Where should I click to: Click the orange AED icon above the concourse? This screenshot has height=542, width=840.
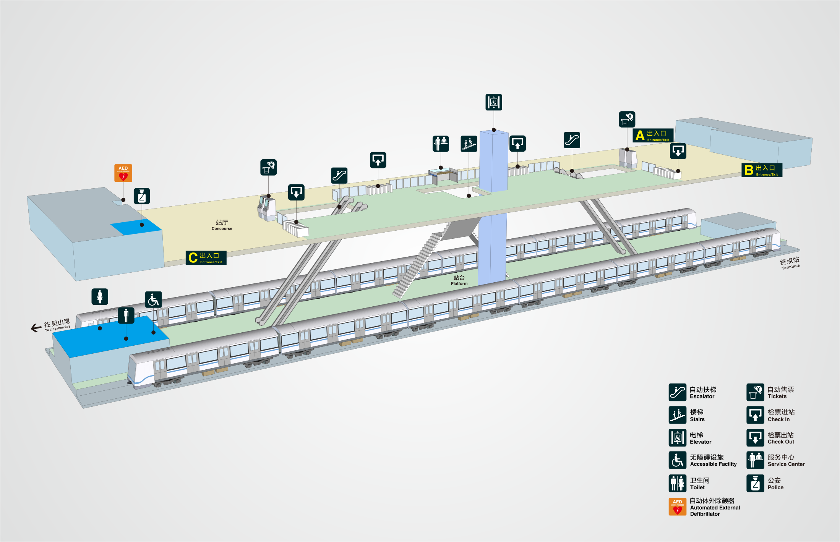(123, 173)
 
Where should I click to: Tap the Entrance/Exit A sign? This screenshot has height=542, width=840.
(653, 136)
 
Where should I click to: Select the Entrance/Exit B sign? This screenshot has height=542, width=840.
(762, 170)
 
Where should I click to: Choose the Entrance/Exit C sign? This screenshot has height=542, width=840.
(206, 257)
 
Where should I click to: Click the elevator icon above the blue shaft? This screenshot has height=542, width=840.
(493, 102)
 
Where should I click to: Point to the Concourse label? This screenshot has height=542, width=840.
(222, 225)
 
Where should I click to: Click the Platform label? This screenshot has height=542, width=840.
(459, 280)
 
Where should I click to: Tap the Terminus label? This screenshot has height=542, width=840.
(790, 263)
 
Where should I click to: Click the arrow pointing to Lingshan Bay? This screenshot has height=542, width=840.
(36, 328)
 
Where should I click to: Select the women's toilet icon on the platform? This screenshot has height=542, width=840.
(100, 297)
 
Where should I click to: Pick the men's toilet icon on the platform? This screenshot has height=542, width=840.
(126, 315)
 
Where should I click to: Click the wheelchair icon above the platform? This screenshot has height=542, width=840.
(153, 300)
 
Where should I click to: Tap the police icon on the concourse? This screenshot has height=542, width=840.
(142, 196)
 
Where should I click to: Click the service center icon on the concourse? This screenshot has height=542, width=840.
(441, 144)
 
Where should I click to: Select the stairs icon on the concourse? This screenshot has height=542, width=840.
(469, 144)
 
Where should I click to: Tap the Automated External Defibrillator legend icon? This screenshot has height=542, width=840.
(677, 507)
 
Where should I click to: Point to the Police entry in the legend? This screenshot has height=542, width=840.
(765, 484)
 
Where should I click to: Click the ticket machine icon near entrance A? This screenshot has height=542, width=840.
(627, 120)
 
